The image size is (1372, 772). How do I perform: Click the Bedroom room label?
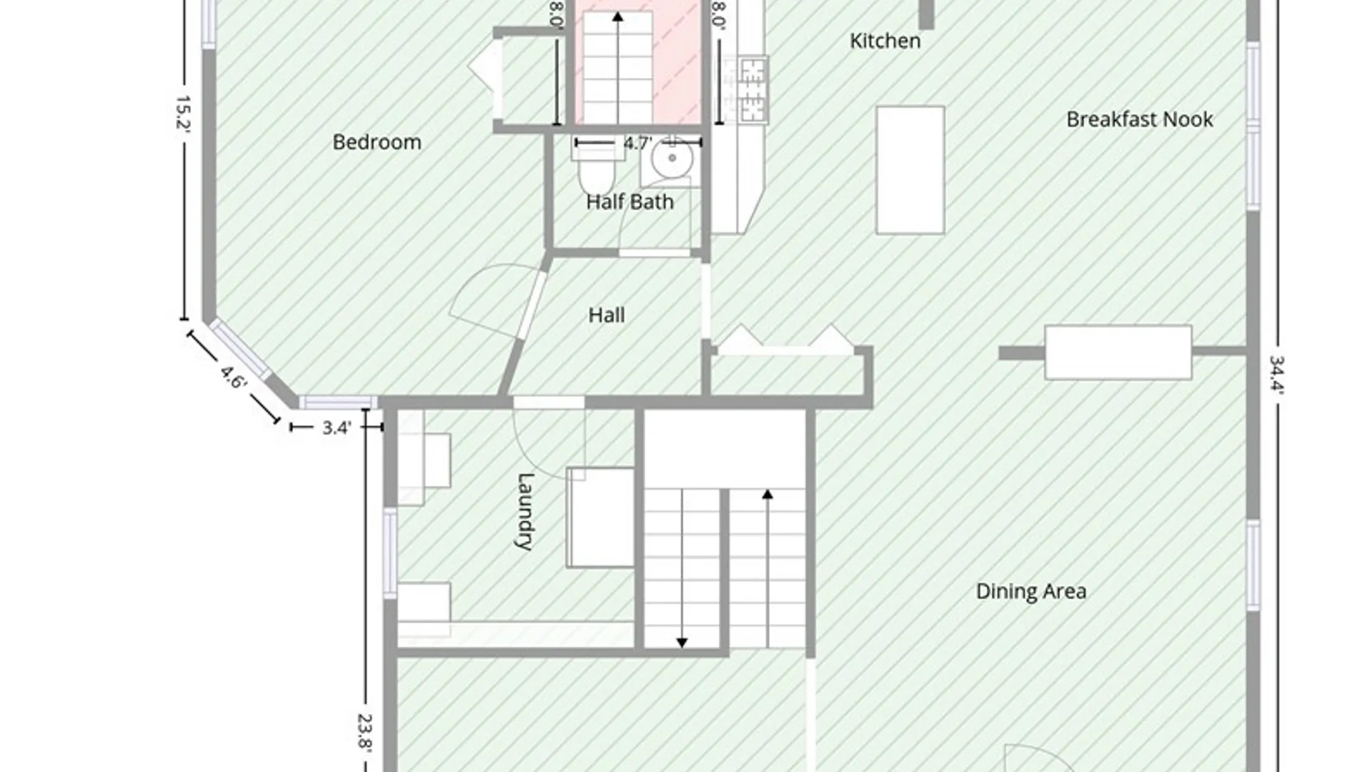pyautogui.click(x=377, y=142)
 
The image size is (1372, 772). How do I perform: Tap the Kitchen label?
pyautogui.click(x=885, y=41)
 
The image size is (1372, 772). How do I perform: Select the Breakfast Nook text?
pyautogui.click(x=1140, y=119)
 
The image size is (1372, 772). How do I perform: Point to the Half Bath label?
pyautogui.click(x=630, y=202)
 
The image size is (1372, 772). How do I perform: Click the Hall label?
pyautogui.click(x=607, y=315)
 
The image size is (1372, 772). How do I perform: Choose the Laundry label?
pyautogui.click(x=525, y=511)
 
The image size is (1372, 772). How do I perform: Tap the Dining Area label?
pyautogui.click(x=1031, y=591)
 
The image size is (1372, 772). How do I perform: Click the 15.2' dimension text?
pyautogui.click(x=182, y=113)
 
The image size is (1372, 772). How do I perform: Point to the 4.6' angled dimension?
pyautogui.click(x=233, y=377)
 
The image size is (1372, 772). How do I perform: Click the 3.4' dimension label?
pyautogui.click(x=337, y=427)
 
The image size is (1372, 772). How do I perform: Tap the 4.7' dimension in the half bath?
pyautogui.click(x=637, y=143)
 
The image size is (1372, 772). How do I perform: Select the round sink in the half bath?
pyautogui.click(x=672, y=158)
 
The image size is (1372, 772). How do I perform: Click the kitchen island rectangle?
pyautogui.click(x=910, y=170)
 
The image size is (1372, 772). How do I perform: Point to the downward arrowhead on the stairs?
pyautogui.click(x=682, y=643)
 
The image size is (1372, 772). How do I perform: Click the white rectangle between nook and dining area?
pyautogui.click(x=1118, y=352)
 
